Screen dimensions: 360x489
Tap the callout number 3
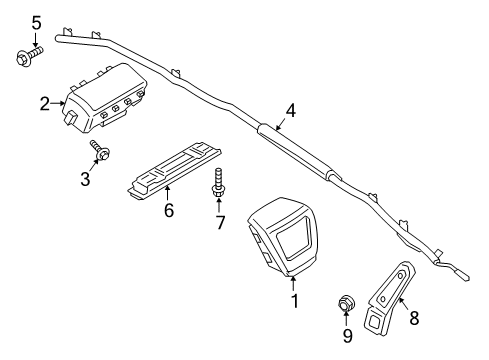click(86, 178)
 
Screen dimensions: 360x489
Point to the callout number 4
click(290, 111)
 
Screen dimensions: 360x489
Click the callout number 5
click(37, 22)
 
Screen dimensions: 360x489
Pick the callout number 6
click(169, 211)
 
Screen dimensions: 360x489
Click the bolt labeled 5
click(26, 58)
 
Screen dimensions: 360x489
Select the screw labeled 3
click(101, 153)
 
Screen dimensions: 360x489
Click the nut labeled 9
click(347, 302)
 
